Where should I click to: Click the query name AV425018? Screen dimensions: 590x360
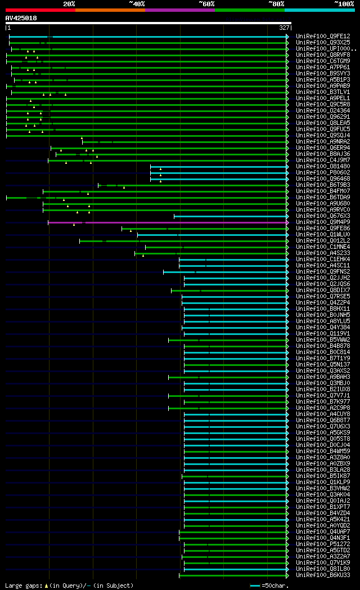(x=21, y=18)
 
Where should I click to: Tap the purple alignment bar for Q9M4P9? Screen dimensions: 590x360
(x=169, y=222)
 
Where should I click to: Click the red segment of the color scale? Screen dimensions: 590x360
(x=40, y=10)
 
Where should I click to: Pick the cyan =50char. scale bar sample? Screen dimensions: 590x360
(x=255, y=585)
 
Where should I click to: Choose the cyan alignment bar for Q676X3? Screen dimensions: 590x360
(x=231, y=216)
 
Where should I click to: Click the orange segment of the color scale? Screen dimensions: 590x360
(x=110, y=10)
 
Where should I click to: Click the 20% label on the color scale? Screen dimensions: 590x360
(x=69, y=4)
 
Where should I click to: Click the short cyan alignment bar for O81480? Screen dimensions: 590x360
(x=219, y=167)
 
